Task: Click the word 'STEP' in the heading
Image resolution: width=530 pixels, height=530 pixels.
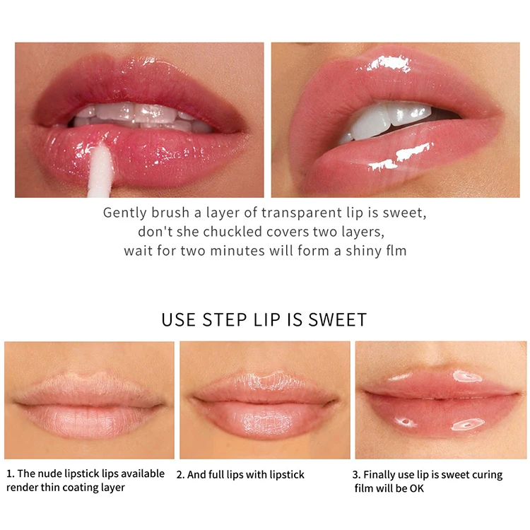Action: (x=225, y=319)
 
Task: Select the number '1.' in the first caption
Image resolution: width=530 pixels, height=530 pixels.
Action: (x=11, y=473)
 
